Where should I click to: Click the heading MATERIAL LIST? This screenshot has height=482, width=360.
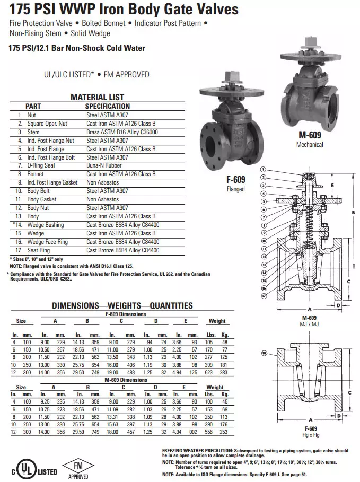(97, 97)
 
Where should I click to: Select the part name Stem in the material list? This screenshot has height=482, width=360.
(33, 132)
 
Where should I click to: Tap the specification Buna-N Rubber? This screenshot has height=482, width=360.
(104, 165)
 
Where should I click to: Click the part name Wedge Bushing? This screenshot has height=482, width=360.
(46, 225)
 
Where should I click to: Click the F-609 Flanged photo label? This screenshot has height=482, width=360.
(235, 180)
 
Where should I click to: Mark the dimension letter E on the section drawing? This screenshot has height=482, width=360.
(331, 186)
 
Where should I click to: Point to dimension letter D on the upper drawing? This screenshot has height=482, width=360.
(338, 305)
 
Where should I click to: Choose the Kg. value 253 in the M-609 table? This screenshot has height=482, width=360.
(224, 432)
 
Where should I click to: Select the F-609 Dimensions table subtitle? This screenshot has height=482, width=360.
(126, 314)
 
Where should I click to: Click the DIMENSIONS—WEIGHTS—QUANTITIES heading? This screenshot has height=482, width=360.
(122, 305)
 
